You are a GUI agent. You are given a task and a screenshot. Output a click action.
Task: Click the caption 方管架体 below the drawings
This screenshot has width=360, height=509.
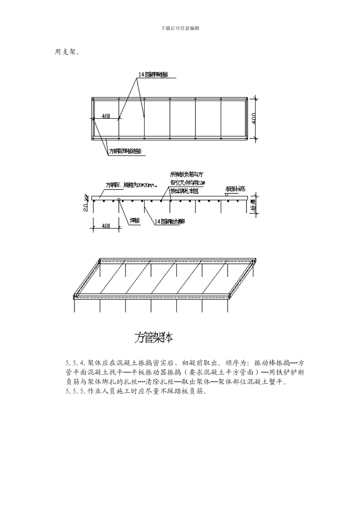pos(153,338)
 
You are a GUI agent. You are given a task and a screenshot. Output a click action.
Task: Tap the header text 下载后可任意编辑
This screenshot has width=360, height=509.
pos(180,28)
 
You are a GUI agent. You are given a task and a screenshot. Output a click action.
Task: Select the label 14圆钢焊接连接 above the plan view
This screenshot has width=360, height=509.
pos(155,75)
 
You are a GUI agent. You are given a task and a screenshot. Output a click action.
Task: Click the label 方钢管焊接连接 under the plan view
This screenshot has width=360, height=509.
pos(125,151)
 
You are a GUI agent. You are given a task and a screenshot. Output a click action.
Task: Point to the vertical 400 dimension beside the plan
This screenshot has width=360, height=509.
pos(254,119)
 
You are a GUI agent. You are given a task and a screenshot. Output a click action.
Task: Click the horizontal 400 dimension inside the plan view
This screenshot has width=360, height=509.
pos(106,116)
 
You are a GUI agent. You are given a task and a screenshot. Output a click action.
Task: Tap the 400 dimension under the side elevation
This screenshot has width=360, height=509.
pos(106,226)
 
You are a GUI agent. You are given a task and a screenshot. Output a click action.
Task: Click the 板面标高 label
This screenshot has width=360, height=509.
pos(236,188)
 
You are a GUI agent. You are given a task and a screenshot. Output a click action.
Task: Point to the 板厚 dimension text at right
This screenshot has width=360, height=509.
pos(253,206)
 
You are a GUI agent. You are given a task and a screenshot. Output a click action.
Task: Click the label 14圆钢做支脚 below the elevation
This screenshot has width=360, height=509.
pos(169,222)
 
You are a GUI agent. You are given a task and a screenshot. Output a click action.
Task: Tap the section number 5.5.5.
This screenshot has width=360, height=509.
pos(76,392)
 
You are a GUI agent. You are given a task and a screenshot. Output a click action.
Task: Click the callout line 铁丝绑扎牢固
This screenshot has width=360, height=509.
pos(185,191)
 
